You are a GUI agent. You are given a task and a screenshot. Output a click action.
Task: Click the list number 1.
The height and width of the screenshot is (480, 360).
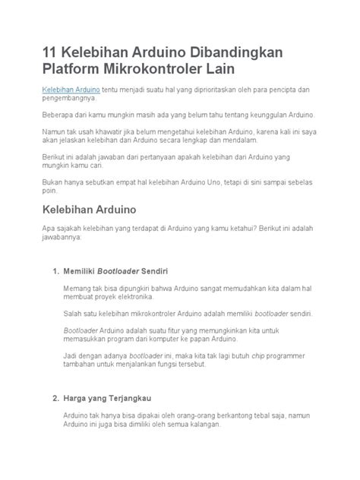pos(54,271)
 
